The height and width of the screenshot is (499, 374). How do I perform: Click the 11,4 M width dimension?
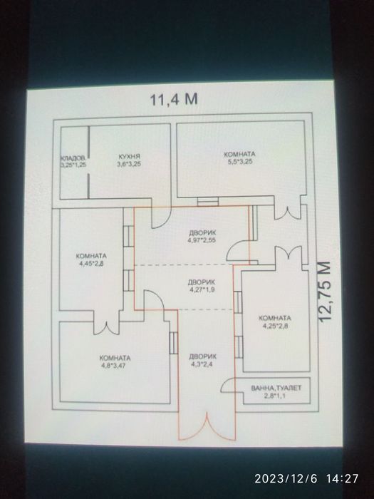click(x=174, y=99)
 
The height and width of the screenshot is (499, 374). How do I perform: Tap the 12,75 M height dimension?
click(x=325, y=292)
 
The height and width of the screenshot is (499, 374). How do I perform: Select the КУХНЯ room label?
click(x=130, y=157)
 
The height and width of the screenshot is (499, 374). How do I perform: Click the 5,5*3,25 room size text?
click(x=240, y=162)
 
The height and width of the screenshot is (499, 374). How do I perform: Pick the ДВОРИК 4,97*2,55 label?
click(x=202, y=236)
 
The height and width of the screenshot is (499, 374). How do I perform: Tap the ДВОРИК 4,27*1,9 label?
click(x=202, y=286)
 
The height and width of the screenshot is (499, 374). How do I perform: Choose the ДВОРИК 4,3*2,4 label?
click(x=202, y=360)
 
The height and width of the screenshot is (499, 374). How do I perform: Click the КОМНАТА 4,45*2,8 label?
click(x=91, y=259)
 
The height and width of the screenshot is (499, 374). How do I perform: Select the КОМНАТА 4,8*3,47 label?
click(x=115, y=361)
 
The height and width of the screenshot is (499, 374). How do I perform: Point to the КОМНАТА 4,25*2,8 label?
click(x=275, y=321)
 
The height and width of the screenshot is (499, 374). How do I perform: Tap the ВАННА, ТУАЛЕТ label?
click(x=276, y=388)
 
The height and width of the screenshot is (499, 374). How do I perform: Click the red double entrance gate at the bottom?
click(x=207, y=426)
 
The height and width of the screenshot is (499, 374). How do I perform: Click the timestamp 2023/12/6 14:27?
click(x=306, y=478)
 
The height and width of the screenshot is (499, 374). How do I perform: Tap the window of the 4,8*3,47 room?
click(x=173, y=343)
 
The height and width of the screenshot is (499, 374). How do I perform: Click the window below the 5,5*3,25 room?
click(x=208, y=202)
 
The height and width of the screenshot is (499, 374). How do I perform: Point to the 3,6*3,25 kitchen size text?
click(x=129, y=164)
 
